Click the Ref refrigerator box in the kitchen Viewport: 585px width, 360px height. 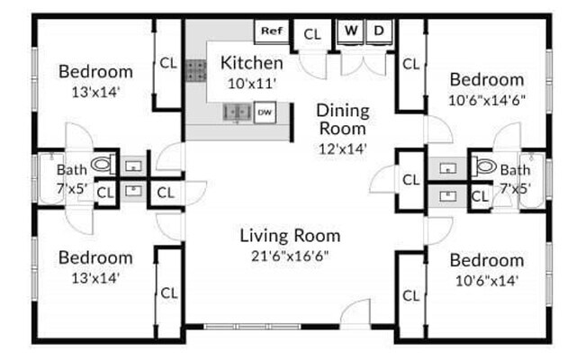[x=271, y=31]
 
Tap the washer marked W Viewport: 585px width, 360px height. [x=351, y=31]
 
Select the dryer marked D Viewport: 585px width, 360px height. [x=379, y=31]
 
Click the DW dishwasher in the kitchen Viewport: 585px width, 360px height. [x=265, y=112]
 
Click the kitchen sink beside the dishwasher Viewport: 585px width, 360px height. [x=237, y=112]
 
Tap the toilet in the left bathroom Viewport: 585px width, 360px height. [x=104, y=164]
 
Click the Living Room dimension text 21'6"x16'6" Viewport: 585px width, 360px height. [x=290, y=256]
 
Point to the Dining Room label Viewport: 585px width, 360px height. [x=343, y=120]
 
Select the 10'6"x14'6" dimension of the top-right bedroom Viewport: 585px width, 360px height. [x=486, y=99]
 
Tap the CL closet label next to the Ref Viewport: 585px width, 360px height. [x=312, y=34]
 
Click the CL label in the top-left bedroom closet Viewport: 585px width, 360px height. [x=168, y=63]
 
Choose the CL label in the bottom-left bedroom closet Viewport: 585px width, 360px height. [x=168, y=292]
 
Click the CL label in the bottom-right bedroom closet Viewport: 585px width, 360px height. [x=410, y=294]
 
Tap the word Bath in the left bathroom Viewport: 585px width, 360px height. [x=71, y=169]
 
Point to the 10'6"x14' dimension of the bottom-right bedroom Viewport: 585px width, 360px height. [x=486, y=279]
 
